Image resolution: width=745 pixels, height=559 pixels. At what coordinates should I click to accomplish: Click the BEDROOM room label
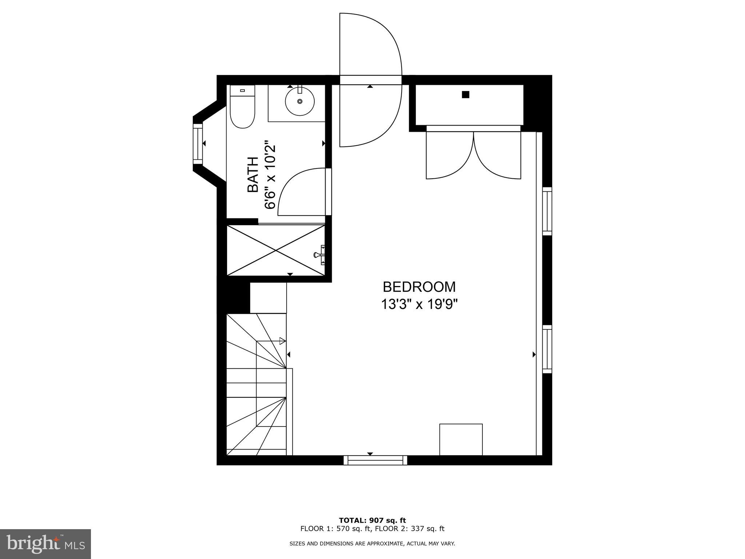(419, 287)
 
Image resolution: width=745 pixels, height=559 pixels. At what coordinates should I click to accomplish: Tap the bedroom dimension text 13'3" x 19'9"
(419, 304)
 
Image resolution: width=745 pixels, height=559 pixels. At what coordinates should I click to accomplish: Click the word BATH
(253, 174)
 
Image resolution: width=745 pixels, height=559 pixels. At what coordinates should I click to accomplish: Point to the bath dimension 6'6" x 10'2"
(270, 174)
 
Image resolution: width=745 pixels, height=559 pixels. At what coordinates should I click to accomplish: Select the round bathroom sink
(300, 101)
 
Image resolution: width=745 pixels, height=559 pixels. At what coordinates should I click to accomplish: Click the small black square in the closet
(465, 95)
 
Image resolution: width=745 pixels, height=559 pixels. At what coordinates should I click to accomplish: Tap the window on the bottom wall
(375, 460)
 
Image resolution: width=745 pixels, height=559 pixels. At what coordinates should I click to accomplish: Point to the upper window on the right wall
(547, 211)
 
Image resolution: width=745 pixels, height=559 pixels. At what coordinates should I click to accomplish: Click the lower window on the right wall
(547, 349)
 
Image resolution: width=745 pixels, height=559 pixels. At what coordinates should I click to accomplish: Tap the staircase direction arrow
(282, 341)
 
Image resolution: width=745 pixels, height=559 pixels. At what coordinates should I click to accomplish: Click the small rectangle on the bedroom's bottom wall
(461, 439)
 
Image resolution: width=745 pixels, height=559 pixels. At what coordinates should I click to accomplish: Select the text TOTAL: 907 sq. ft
(372, 520)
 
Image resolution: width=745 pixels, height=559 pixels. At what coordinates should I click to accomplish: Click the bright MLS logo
(45, 544)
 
